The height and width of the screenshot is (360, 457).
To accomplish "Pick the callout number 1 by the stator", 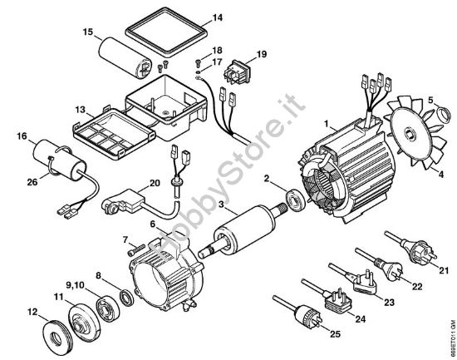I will [328, 122].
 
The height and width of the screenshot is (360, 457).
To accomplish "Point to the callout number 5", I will [432, 102].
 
